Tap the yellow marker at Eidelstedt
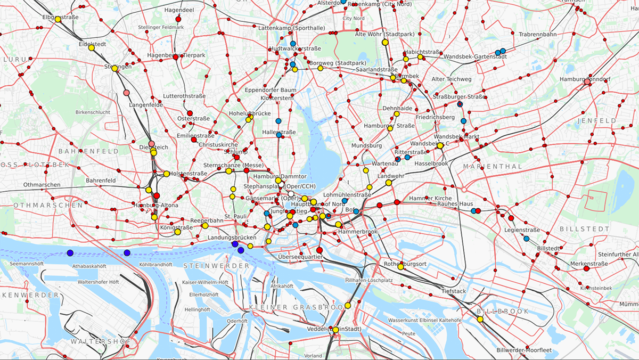pyautogui.click(x=91, y=47)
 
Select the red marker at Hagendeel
pyautogui.click(x=178, y=19)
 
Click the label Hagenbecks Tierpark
pyautogui.click(x=176, y=55)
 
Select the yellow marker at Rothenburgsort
pyautogui.click(x=400, y=267)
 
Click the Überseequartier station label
pyautogui.click(x=301, y=257)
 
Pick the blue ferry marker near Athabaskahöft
pyautogui.click(x=70, y=253)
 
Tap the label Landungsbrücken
pyautogui.click(x=232, y=238)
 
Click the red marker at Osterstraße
pyautogui.click(x=190, y=113)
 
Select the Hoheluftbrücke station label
pyautogui.click(x=250, y=113)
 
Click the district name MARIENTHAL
pyautogui.click(x=493, y=167)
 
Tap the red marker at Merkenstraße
pyautogui.click(x=586, y=269)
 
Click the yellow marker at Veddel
pyautogui.click(x=335, y=330)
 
